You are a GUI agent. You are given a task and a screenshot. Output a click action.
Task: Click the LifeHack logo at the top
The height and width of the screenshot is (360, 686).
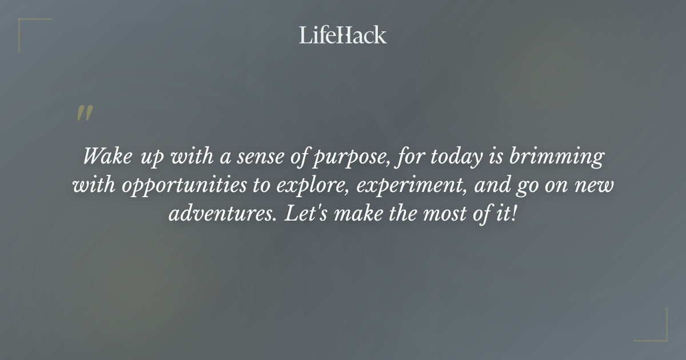[x=343, y=35]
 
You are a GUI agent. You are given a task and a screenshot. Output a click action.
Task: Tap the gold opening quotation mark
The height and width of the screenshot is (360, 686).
[x=85, y=114]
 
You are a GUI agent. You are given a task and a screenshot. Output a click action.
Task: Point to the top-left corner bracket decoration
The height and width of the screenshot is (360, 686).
[x=26, y=26]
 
